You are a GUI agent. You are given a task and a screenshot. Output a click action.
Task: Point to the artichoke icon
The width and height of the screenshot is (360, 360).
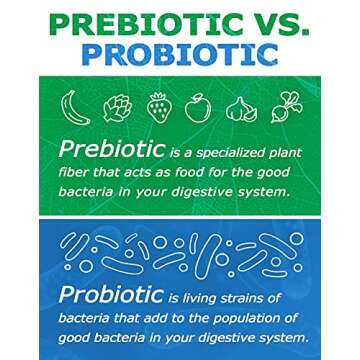116,104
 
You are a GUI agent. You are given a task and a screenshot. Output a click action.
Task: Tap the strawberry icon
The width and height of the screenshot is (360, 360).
157,104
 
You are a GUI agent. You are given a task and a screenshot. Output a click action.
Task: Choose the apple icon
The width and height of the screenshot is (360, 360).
198,104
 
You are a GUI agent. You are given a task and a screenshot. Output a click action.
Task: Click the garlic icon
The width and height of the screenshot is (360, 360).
241,105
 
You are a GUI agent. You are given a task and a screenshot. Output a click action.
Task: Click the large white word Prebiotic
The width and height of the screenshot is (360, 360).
110,151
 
